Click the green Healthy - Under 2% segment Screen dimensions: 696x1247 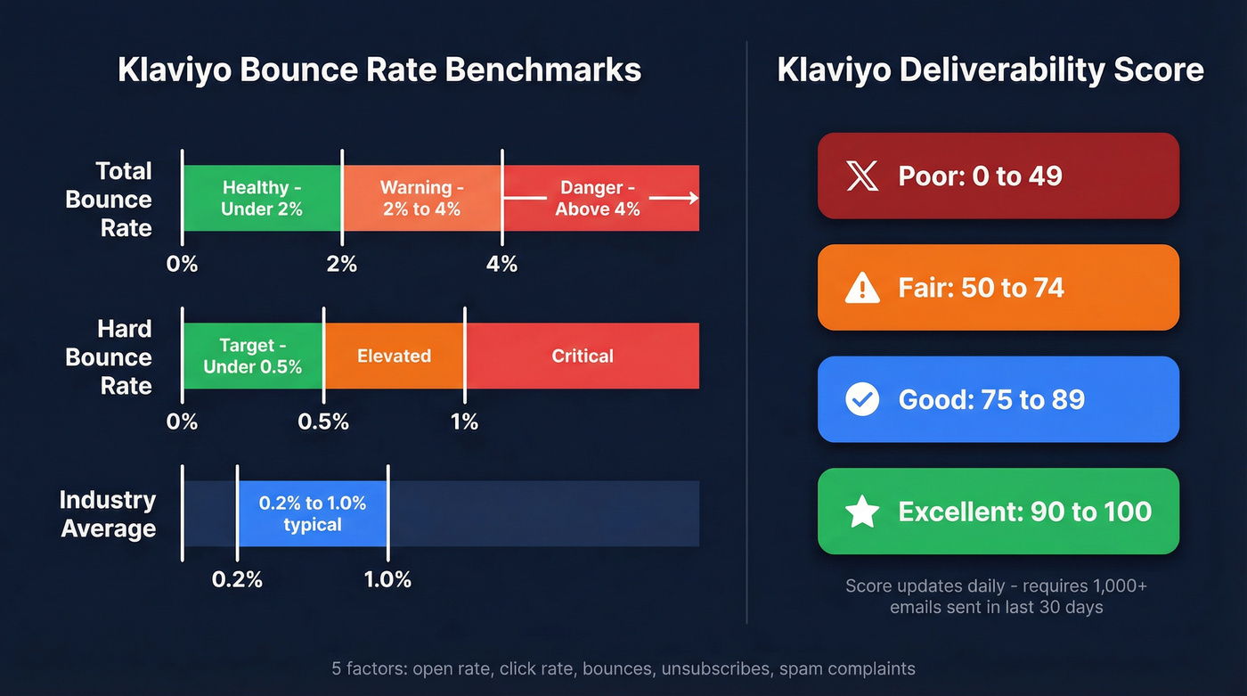pos(262,198)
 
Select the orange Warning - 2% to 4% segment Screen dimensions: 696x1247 pos(421,198)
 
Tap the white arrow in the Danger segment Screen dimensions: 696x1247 pos(673,198)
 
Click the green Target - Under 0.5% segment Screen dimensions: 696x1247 pos(252,356)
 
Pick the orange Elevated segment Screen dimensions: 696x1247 pos(394,356)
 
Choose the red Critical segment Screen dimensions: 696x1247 pos(582,356)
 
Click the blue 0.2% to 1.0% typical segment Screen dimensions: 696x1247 pos(312,513)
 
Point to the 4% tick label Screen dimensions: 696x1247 pos(501,264)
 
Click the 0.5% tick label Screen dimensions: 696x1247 pos(323,422)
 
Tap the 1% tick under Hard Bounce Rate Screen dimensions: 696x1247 pos(464,422)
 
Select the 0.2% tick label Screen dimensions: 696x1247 pos(237,579)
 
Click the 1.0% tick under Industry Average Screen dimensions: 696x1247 pos(387,579)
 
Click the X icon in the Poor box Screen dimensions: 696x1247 pos(861,176)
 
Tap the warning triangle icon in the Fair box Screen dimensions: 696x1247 pos(861,288)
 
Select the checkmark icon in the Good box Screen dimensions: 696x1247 pos(861,399)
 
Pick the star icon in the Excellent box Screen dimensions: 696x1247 pos(861,512)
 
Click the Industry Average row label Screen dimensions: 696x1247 pos(108,514)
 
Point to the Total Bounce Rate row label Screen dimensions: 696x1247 pos(109,199)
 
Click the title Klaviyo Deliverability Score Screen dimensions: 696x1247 pos(990,70)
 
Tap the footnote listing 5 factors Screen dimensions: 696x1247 pos(623,668)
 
